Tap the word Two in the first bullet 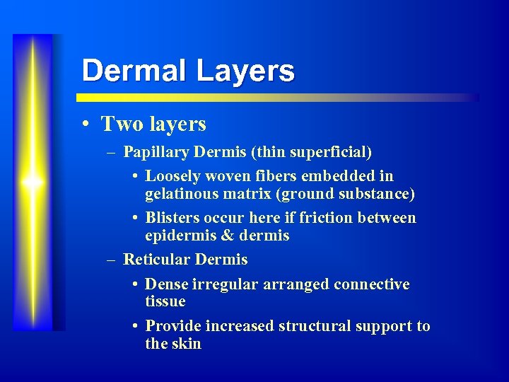[x=122, y=125]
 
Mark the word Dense [x=166, y=284]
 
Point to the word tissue [x=165, y=301]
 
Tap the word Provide [x=173, y=326]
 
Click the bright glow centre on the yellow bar [x=33, y=182]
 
